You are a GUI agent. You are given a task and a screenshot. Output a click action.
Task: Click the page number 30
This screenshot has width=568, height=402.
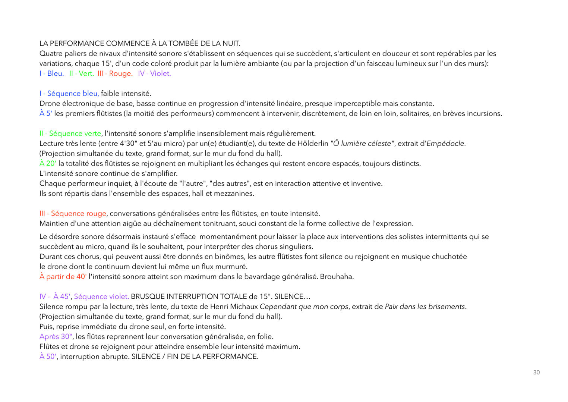coord(536,372)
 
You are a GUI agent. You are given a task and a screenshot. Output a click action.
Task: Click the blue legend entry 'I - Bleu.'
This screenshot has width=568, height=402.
coord(52,73)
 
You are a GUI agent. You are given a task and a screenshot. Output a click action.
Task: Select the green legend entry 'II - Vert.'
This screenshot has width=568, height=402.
coord(82,73)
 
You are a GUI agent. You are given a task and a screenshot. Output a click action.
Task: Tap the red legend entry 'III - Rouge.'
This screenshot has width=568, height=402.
coord(115,73)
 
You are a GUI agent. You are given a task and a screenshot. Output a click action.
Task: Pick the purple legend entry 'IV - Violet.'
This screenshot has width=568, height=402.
coord(154,73)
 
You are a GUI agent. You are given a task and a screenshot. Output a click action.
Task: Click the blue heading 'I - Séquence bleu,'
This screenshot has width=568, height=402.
coord(69,94)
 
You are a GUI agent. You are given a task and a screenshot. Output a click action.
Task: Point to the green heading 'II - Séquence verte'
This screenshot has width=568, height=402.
coord(70,134)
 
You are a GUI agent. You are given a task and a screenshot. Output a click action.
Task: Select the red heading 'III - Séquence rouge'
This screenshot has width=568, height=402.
coord(73,214)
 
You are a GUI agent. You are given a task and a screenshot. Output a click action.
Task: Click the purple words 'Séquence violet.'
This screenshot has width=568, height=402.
coord(101,297)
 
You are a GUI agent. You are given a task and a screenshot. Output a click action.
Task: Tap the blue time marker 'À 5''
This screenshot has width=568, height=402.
coord(45,113)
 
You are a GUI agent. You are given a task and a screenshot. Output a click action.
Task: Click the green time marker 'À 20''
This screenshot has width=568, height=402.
coord(48,163)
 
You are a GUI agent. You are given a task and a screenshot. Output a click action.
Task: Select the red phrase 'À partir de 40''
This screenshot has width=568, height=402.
coord(63,277)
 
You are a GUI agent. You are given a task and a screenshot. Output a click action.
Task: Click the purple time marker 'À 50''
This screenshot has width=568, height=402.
coord(48,357)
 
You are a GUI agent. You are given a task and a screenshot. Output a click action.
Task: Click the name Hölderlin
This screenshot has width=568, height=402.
coord(313,144)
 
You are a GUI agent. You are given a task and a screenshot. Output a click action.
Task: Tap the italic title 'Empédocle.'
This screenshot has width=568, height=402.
coord(446,144)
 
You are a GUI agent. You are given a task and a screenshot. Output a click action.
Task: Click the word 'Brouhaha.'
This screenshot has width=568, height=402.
coord(337,277)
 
